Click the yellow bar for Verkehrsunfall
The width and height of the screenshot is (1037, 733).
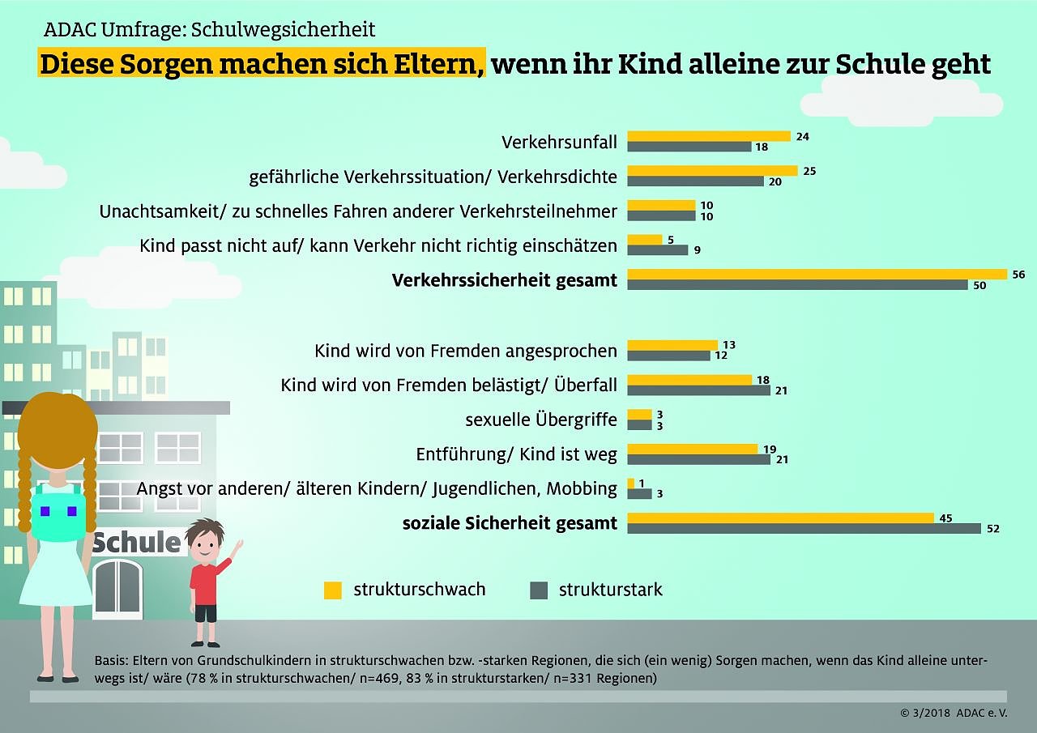tap(708, 136)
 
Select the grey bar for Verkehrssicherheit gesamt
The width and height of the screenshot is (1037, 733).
tap(797, 285)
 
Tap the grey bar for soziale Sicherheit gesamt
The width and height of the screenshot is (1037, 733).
tap(804, 528)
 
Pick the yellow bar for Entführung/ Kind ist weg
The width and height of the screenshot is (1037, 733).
tap(692, 449)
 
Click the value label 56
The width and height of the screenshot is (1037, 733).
tap(1018, 275)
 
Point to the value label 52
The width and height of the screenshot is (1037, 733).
tap(992, 529)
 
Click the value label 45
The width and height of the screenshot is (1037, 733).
tap(945, 518)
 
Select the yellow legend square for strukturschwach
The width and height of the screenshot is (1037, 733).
tap(332, 590)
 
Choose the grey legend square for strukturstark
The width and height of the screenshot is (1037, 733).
tap(539, 590)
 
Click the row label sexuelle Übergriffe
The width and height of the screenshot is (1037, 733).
tap(540, 420)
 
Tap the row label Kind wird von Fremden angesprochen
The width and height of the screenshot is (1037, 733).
tap(465, 351)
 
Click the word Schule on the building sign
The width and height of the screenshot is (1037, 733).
tap(136, 542)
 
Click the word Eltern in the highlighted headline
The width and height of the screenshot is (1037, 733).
tap(438, 63)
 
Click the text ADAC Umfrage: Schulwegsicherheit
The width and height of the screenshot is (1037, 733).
tap(209, 31)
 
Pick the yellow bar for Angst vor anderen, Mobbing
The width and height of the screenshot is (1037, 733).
tap(631, 484)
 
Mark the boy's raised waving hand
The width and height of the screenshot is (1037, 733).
tap(237, 544)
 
